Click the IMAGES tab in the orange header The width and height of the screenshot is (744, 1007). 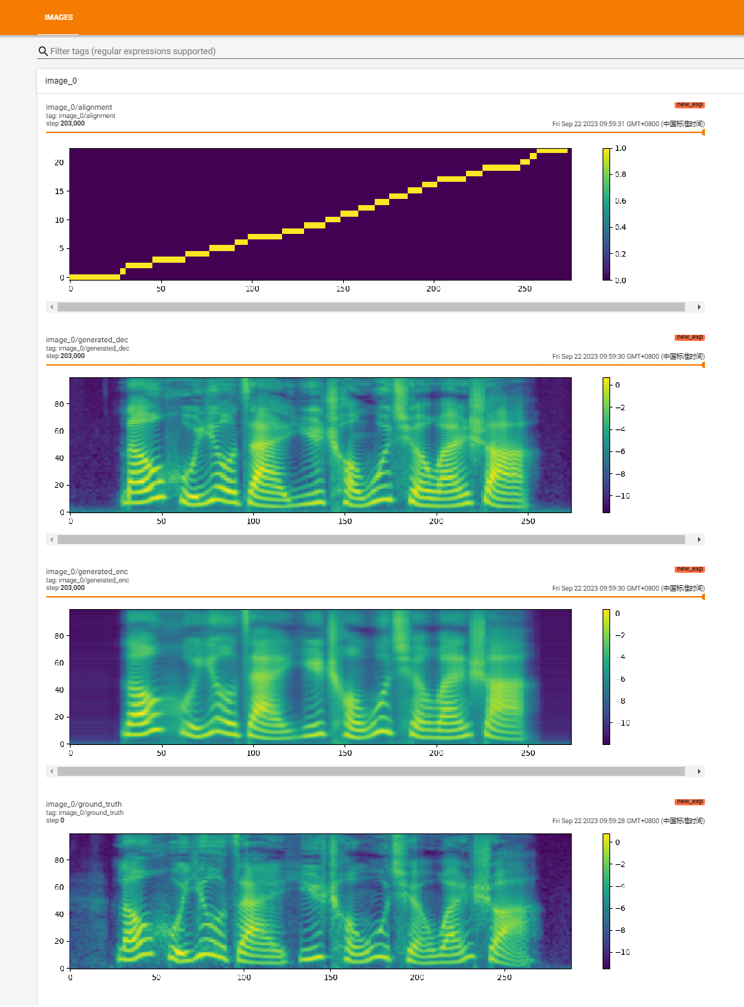(x=58, y=17)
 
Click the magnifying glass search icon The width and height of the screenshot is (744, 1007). (x=43, y=51)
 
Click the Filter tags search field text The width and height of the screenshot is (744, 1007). (x=132, y=51)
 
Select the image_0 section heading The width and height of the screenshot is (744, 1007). (x=61, y=81)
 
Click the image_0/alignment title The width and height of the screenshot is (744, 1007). (x=79, y=107)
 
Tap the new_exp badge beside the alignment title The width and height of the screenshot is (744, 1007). (x=689, y=105)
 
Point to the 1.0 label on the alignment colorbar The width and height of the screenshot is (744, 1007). (x=620, y=148)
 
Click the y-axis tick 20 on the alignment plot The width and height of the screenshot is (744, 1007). (x=59, y=163)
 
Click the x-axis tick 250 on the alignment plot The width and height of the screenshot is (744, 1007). (x=524, y=289)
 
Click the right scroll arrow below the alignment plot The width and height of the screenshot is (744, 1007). (x=699, y=307)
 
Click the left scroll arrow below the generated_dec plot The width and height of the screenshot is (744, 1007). (x=51, y=540)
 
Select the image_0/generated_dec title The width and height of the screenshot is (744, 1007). (x=87, y=340)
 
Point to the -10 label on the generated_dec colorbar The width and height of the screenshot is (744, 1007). (x=622, y=496)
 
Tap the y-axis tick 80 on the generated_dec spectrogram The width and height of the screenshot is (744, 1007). (x=59, y=404)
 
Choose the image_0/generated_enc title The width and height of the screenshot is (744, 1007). (x=87, y=571)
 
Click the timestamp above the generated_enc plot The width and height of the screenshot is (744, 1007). (x=628, y=589)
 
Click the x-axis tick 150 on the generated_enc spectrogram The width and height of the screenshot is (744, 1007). (x=345, y=753)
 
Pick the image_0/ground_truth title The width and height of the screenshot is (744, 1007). (x=84, y=804)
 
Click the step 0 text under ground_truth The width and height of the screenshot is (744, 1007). (x=55, y=820)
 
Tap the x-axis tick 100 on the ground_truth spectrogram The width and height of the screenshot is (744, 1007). (x=244, y=978)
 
